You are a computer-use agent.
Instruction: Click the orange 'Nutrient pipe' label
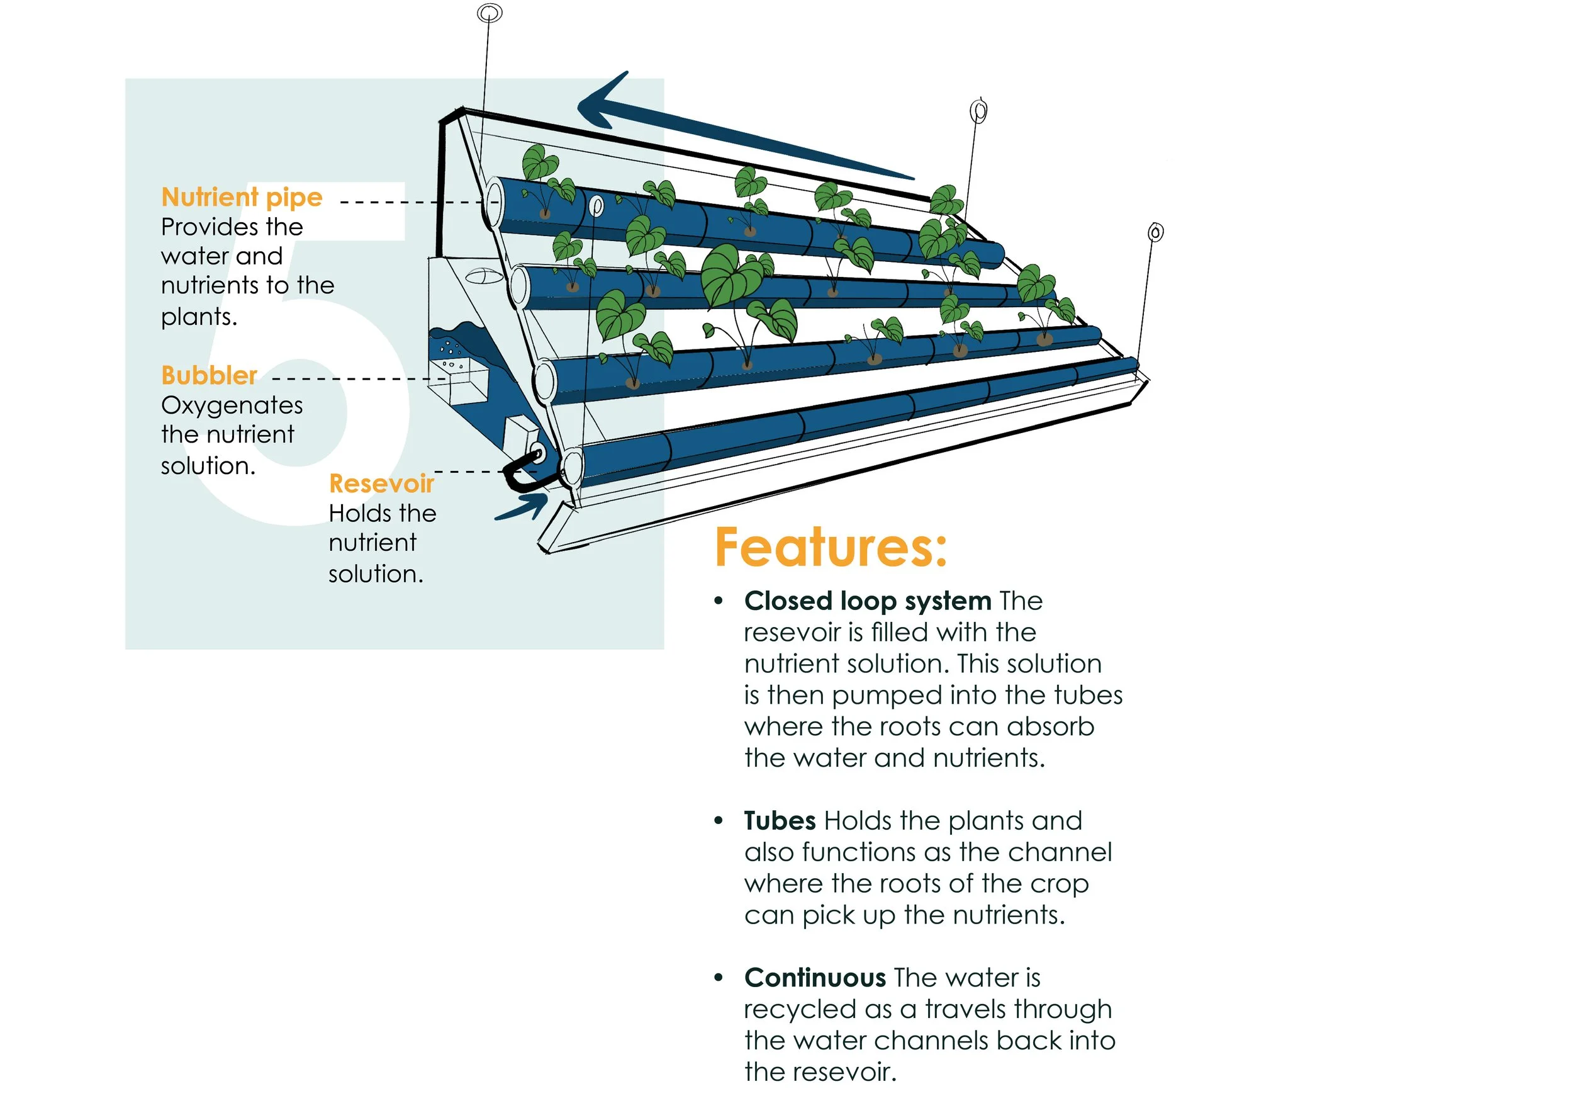[241, 198]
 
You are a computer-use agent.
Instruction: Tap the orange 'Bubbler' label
[209, 376]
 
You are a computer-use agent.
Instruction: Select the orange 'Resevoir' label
[381, 484]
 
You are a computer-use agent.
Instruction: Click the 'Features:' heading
[831, 548]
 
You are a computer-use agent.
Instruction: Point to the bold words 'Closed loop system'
[867, 601]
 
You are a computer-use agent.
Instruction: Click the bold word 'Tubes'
[780, 821]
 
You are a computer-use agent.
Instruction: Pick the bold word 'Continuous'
[815, 978]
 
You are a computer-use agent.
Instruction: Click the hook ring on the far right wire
[1155, 233]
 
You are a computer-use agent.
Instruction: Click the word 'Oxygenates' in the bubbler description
[232, 405]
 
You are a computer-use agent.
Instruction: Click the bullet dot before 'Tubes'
[718, 820]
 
